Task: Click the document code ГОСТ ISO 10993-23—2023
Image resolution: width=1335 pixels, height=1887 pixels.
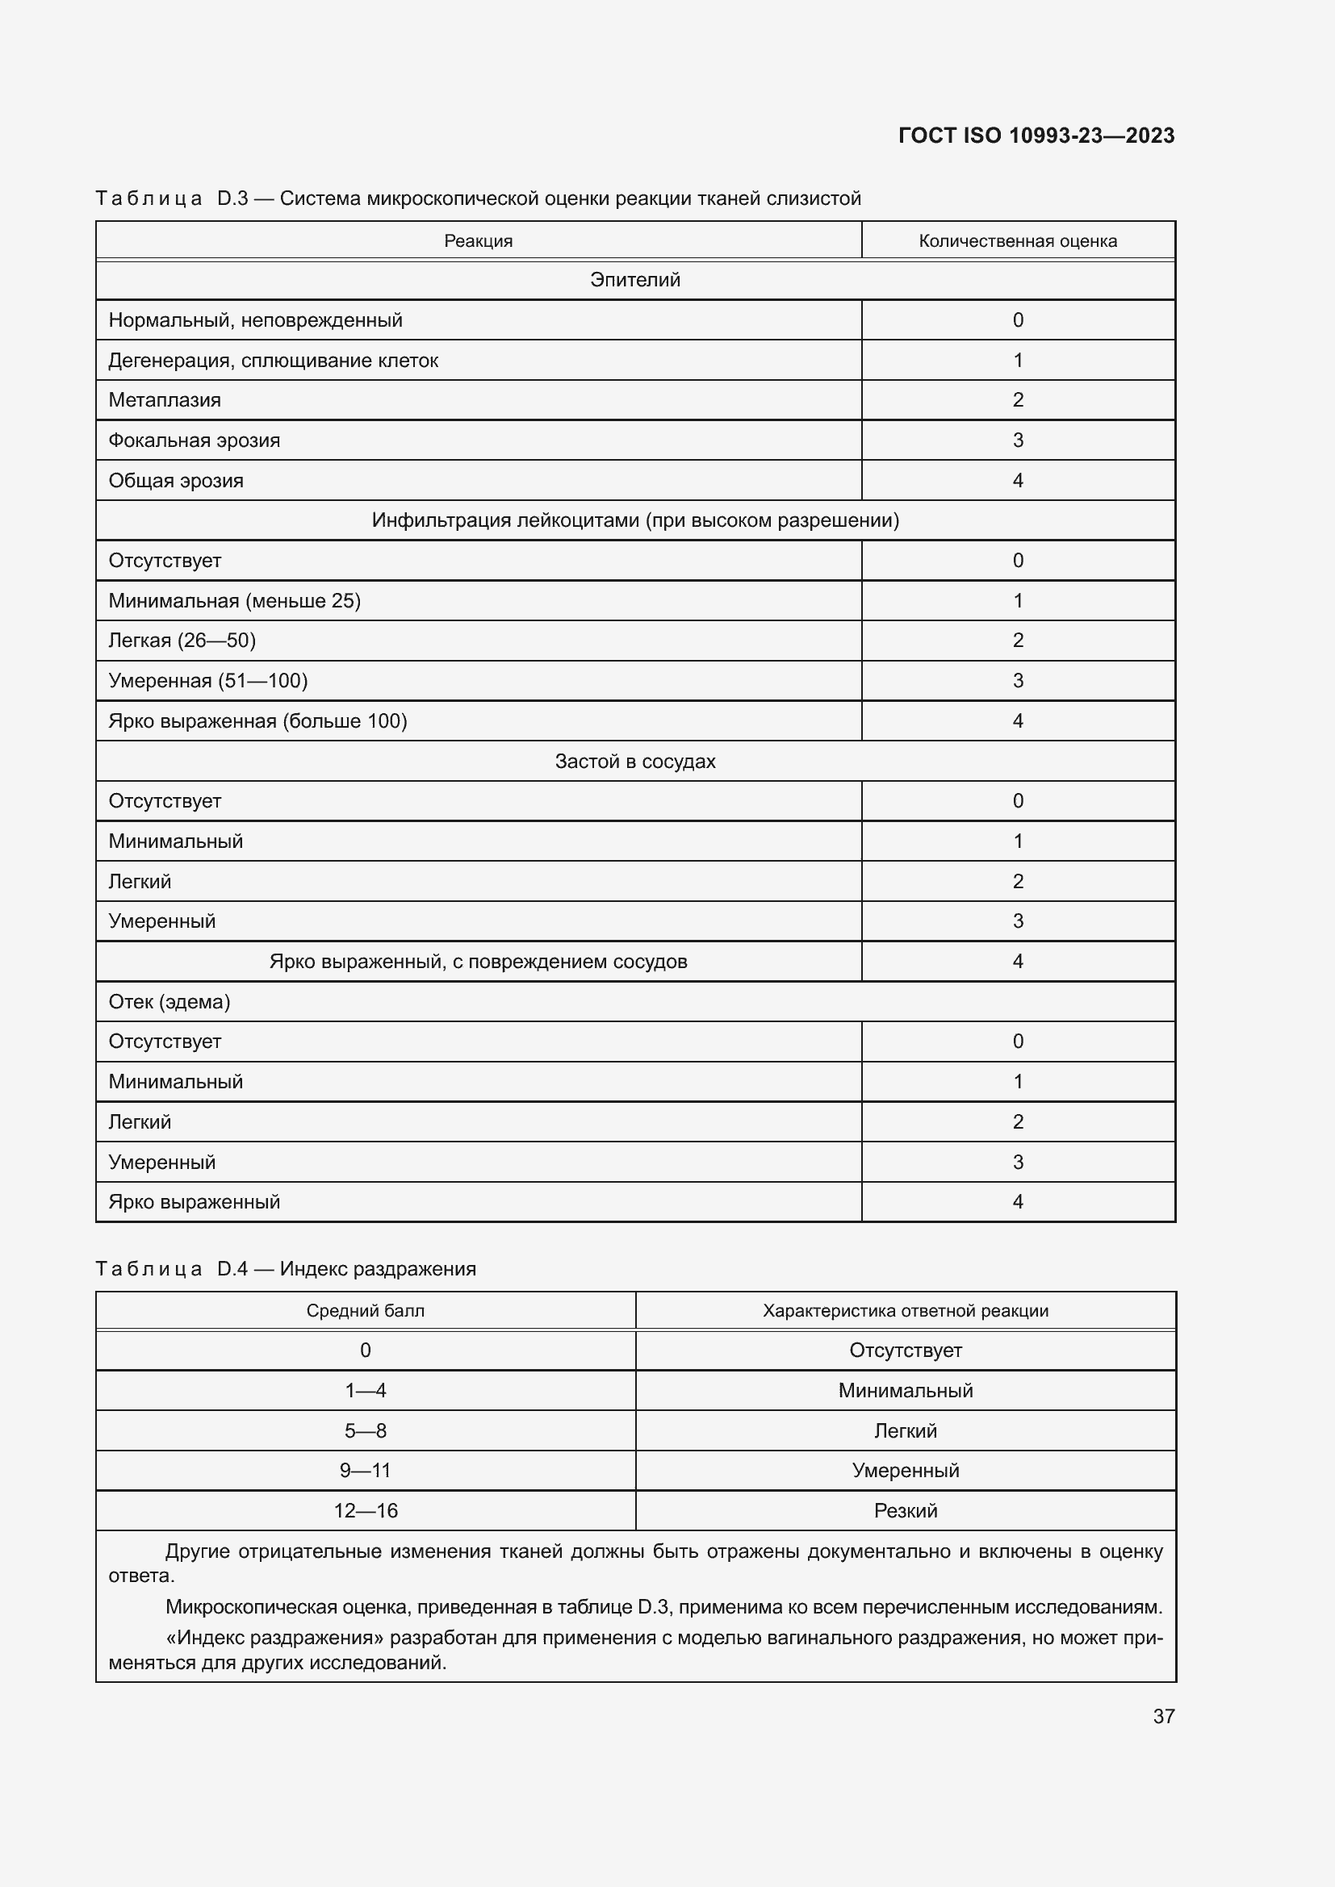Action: click(x=1036, y=136)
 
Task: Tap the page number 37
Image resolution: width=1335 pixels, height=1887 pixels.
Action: click(x=1163, y=1716)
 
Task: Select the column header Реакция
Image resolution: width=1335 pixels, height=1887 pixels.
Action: click(x=478, y=240)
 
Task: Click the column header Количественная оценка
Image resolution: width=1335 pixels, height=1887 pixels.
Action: click(x=1017, y=240)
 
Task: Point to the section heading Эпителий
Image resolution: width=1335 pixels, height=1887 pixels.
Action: click(x=634, y=280)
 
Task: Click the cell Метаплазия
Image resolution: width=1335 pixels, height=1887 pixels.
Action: click(x=165, y=400)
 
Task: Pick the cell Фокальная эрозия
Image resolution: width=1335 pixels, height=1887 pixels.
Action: click(x=194, y=440)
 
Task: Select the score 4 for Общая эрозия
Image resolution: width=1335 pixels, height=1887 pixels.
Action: click(x=1018, y=481)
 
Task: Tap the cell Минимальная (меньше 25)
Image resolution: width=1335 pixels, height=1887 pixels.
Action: click(x=234, y=601)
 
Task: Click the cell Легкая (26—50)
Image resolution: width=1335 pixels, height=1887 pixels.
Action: click(x=182, y=641)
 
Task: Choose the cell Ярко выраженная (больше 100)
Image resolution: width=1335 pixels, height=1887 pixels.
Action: click(x=257, y=720)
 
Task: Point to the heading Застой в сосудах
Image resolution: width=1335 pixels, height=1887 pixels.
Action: click(x=634, y=761)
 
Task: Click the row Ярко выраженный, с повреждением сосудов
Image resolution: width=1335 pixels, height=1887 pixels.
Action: click(x=478, y=962)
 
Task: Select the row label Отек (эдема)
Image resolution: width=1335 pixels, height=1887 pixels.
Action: click(x=169, y=1002)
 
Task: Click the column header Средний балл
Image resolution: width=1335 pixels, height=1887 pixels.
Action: click(x=365, y=1310)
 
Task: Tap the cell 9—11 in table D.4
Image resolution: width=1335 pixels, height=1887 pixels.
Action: click(x=365, y=1471)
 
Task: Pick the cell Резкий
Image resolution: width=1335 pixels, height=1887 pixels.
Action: click(x=905, y=1510)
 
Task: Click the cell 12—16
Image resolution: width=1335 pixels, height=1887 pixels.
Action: click(x=365, y=1510)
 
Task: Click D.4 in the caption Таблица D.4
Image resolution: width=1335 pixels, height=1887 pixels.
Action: click(x=232, y=1268)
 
